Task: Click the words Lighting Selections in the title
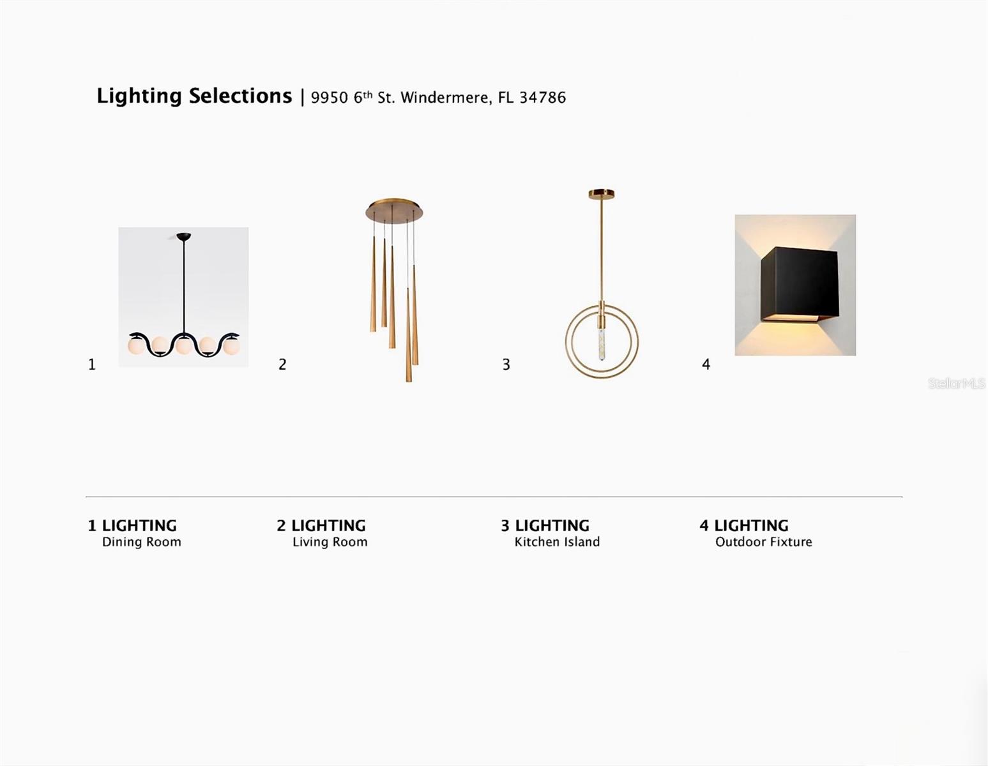pyautogui.click(x=194, y=97)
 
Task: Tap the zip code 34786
pyautogui.click(x=542, y=98)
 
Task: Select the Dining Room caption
pyautogui.click(x=141, y=543)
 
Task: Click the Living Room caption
pyautogui.click(x=330, y=543)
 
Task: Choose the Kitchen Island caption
pyautogui.click(x=557, y=542)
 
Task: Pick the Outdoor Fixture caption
pyautogui.click(x=763, y=542)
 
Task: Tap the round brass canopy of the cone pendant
pyautogui.click(x=394, y=211)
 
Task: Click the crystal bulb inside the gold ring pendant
pyautogui.click(x=602, y=340)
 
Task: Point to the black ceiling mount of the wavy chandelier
pyautogui.click(x=184, y=236)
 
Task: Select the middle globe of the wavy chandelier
pyautogui.click(x=184, y=346)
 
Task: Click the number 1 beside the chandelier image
pyautogui.click(x=92, y=364)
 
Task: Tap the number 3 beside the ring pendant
pyautogui.click(x=506, y=364)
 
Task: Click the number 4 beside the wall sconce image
pyautogui.click(x=706, y=364)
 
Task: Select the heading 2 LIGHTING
pyautogui.click(x=321, y=525)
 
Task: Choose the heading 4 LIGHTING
pyautogui.click(x=744, y=525)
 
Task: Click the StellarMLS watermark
pyautogui.click(x=956, y=384)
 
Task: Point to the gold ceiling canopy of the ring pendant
pyautogui.click(x=601, y=195)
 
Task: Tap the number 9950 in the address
pyautogui.click(x=329, y=98)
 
